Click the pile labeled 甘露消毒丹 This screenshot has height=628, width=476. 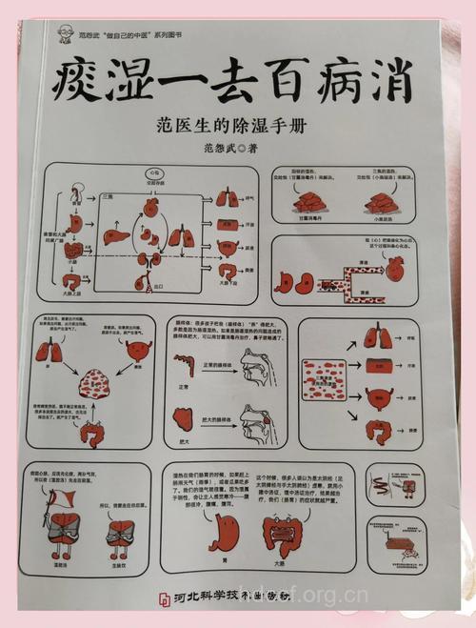[x=309, y=202]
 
